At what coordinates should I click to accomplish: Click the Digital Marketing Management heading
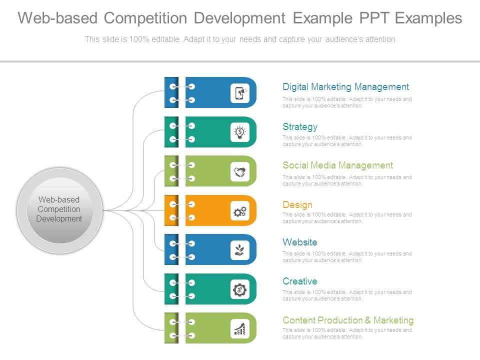coord(345,87)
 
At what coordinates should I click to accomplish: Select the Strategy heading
coord(300,127)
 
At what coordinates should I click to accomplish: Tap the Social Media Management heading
coord(337,165)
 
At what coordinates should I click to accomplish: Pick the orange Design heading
coord(297,205)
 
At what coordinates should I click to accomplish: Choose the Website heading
coord(299,242)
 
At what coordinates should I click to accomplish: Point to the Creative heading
coord(299,281)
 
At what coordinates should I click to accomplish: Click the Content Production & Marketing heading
coord(348,320)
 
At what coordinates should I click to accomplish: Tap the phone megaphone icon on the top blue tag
coord(240,93)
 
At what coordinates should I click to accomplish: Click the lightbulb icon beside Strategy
coord(240,132)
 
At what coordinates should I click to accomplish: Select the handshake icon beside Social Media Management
coord(240,171)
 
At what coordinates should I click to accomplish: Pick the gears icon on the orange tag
coord(240,211)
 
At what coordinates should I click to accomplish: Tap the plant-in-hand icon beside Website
coord(240,250)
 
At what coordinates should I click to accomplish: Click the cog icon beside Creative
coord(240,289)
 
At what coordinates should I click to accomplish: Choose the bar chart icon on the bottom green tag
coord(240,328)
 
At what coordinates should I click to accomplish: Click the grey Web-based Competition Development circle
coord(59,210)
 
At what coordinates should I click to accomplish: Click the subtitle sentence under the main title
coord(240,39)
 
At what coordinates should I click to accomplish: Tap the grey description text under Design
coord(347,218)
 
